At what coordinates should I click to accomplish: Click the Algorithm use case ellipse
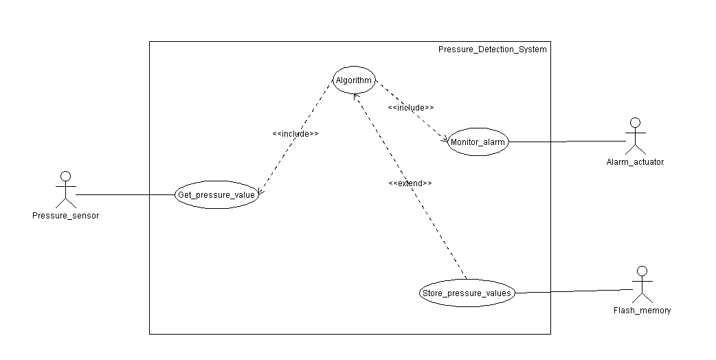(x=354, y=80)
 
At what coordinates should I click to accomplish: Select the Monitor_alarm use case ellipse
(x=478, y=143)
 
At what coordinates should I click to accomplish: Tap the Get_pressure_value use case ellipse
(x=216, y=195)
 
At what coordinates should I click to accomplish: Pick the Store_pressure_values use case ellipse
(x=467, y=293)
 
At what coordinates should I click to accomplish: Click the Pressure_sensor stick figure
(x=65, y=190)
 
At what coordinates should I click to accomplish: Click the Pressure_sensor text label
(x=65, y=216)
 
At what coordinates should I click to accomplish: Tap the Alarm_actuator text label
(x=635, y=162)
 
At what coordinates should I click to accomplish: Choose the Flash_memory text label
(x=642, y=311)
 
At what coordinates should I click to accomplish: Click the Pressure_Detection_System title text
(x=493, y=49)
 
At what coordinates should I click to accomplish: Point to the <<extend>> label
(x=410, y=183)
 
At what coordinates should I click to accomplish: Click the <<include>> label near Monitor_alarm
(x=411, y=108)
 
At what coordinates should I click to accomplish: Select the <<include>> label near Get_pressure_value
(x=295, y=133)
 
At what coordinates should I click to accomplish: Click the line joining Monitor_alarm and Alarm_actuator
(x=567, y=142)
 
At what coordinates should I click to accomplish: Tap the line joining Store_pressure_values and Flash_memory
(x=574, y=291)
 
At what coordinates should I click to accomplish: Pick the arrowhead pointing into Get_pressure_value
(x=259, y=192)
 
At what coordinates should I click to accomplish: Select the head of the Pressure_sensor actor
(x=65, y=176)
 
